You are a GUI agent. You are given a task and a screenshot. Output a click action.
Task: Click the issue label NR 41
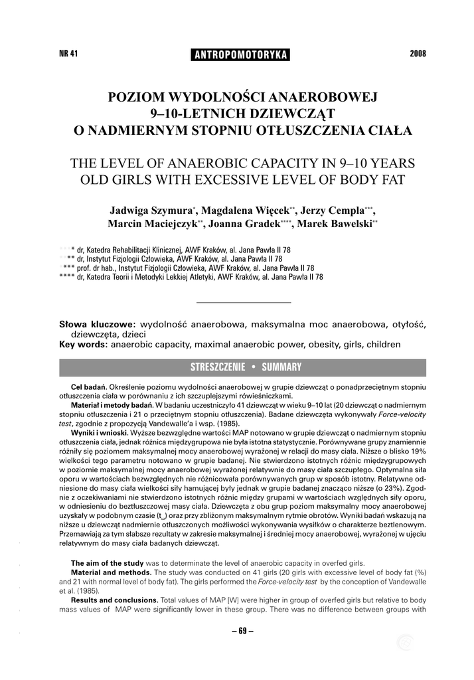(69, 54)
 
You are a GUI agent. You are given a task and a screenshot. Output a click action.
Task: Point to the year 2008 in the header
(418, 54)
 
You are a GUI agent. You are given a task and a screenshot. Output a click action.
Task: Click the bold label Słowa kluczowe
(97, 324)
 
